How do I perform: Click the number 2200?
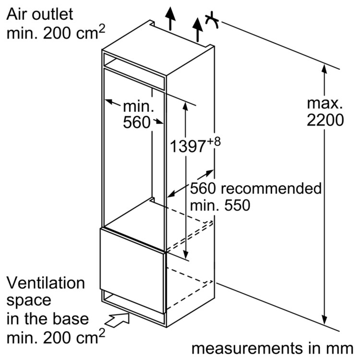[325, 120]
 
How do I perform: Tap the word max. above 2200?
[325, 102]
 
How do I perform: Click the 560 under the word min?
[137, 123]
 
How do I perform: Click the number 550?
[234, 206]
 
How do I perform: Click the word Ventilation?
[46, 283]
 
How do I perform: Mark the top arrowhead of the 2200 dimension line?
[325, 68]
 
